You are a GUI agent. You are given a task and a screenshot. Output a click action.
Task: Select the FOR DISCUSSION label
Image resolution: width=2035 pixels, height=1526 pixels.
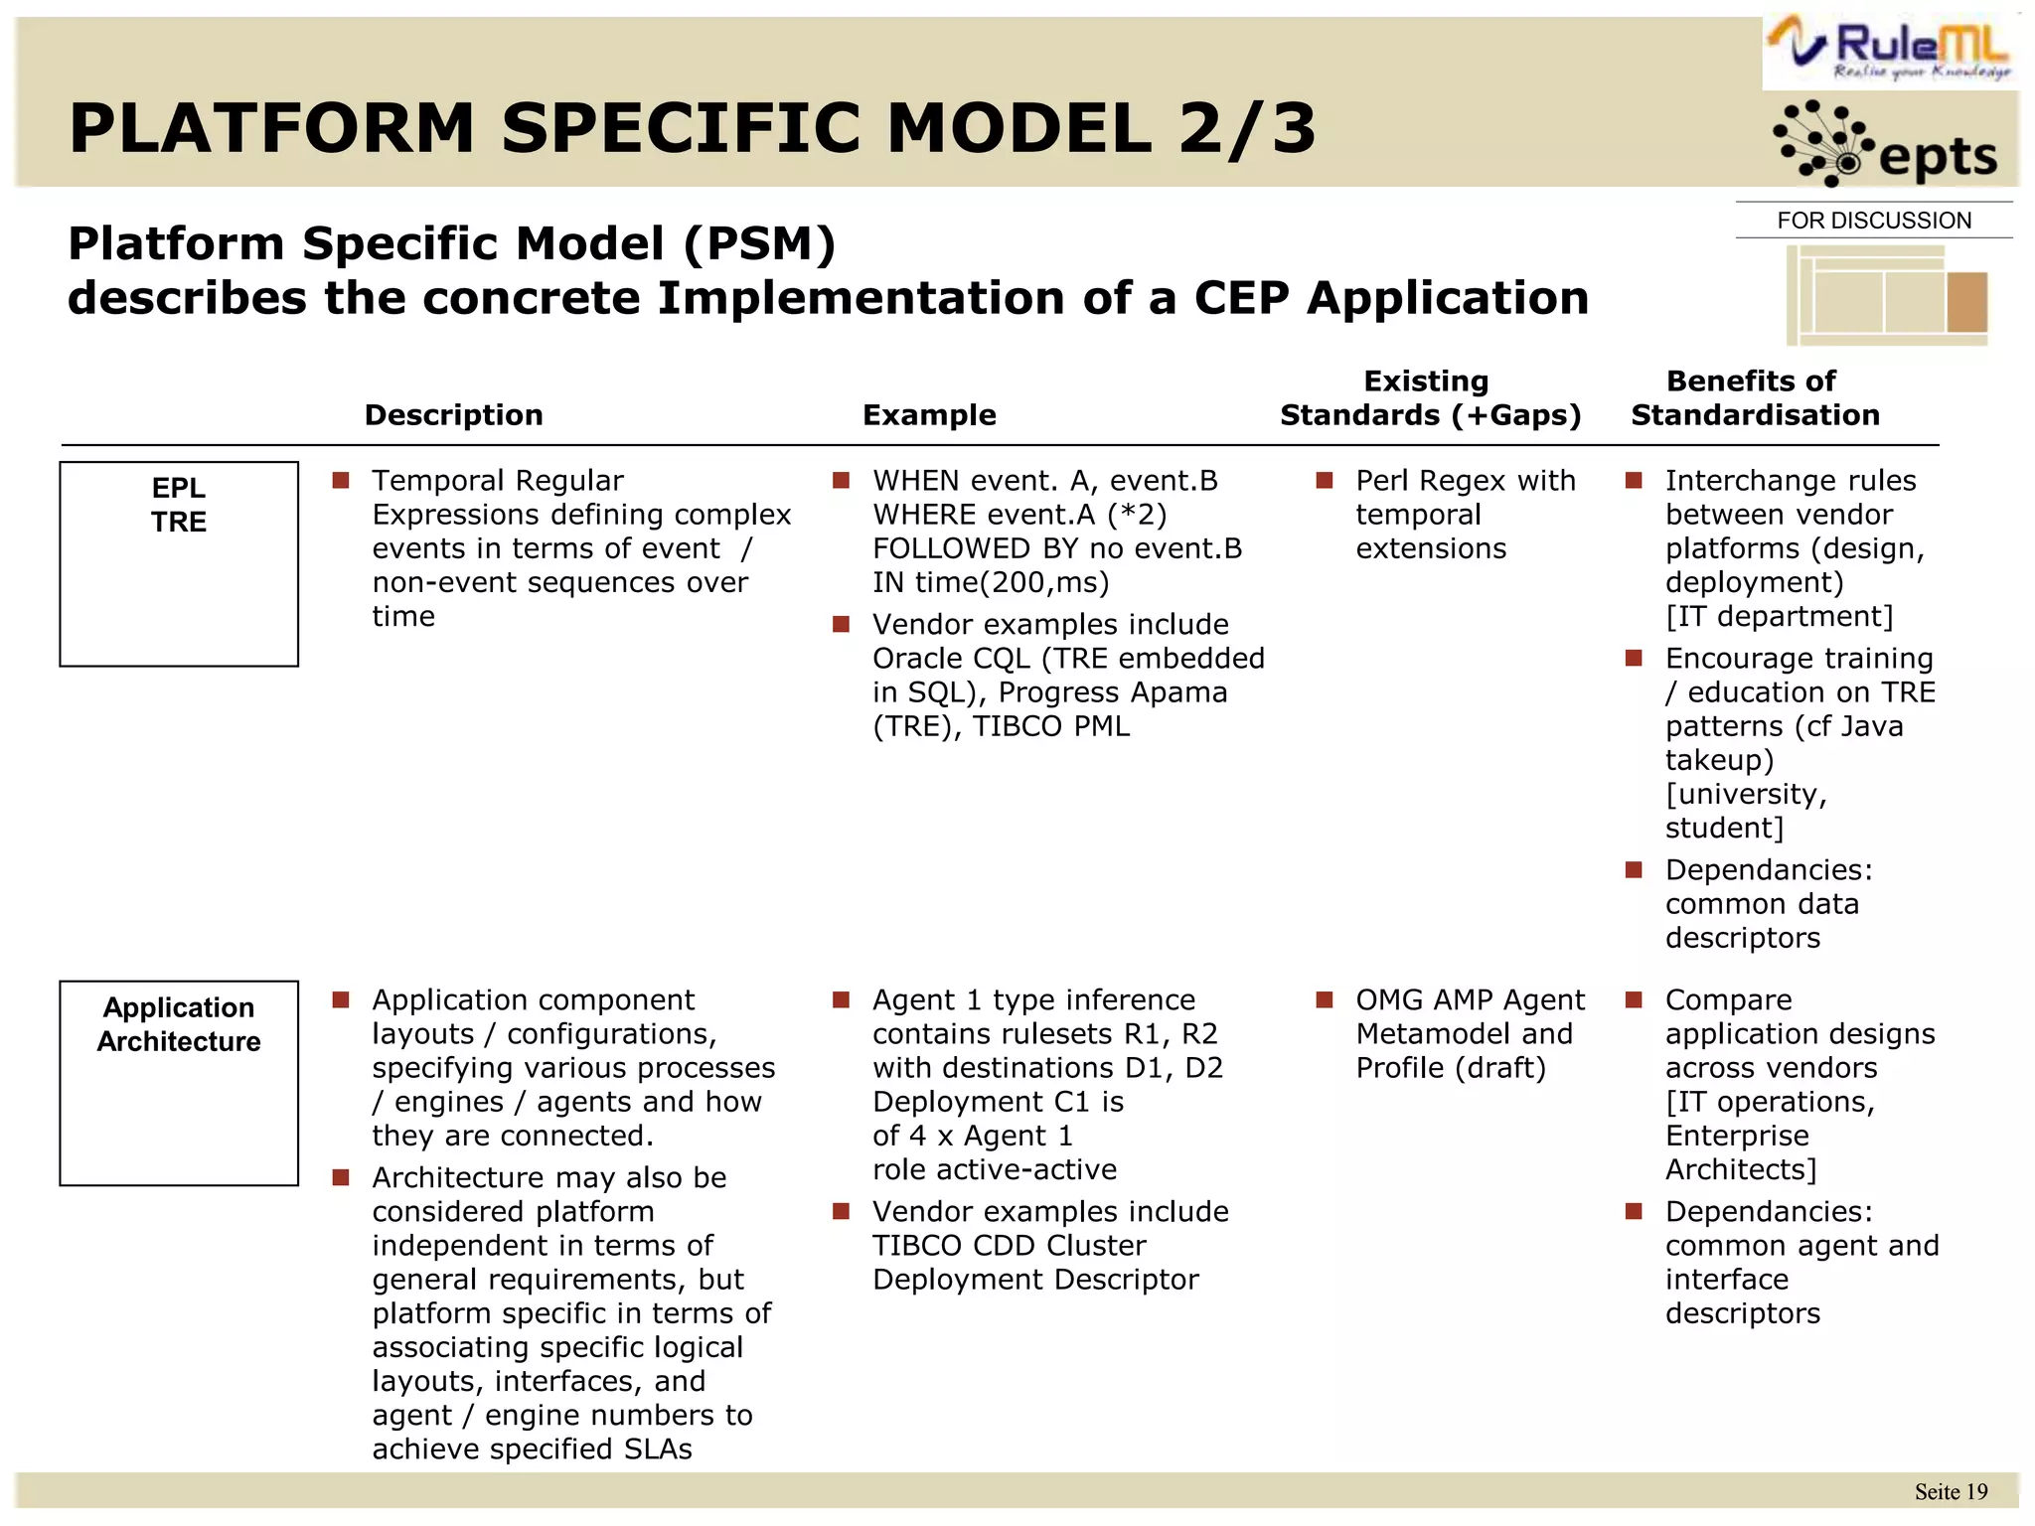pyautogui.click(x=1874, y=221)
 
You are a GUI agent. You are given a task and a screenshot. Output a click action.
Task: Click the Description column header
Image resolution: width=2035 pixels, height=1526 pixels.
pyautogui.click(x=454, y=415)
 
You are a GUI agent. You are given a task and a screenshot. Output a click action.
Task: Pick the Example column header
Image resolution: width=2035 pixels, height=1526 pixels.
pyautogui.click(x=929, y=415)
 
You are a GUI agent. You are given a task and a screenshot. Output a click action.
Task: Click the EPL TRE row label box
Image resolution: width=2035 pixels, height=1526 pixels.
pyautogui.click(x=179, y=563)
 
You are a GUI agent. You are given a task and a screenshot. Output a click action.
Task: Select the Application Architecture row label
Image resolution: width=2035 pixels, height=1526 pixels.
pyautogui.click(x=179, y=1024)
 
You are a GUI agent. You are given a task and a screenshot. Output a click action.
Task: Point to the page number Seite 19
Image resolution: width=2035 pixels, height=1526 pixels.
pyautogui.click(x=1951, y=1492)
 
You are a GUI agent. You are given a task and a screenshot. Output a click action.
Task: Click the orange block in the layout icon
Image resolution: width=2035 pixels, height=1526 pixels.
pyautogui.click(x=1966, y=301)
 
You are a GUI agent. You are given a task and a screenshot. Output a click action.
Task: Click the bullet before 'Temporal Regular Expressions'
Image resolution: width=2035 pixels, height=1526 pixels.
pyautogui.click(x=341, y=481)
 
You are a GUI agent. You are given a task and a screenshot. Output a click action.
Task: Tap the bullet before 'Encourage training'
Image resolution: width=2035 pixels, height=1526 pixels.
pyautogui.click(x=1634, y=659)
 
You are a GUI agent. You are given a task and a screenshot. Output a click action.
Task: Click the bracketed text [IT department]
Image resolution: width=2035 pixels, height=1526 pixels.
pyautogui.click(x=1779, y=617)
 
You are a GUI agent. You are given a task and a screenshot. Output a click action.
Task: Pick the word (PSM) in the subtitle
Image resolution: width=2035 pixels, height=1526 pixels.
pyautogui.click(x=760, y=244)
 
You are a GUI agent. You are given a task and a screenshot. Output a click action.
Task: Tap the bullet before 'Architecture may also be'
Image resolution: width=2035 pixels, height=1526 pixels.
pyautogui.click(x=341, y=1178)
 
